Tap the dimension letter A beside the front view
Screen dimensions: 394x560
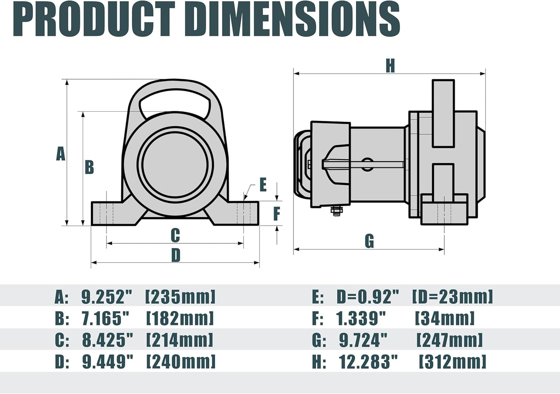60,154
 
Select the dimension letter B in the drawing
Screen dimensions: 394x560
89,167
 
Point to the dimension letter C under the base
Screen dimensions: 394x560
175,235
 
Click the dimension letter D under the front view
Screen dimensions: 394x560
176,255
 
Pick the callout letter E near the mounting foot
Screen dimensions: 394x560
263,185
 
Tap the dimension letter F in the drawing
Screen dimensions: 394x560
276,213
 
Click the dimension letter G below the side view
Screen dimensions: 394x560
369,241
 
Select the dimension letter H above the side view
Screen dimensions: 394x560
390,66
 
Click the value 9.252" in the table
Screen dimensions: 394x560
107,297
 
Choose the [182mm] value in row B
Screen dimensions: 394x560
180,318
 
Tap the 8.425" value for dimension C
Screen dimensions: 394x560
107,340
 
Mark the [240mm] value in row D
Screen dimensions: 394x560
181,362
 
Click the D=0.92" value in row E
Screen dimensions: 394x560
367,297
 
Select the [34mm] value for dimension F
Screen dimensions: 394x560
445,318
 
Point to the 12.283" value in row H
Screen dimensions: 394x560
368,362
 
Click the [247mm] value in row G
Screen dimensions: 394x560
450,340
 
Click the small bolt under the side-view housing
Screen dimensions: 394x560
336,211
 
